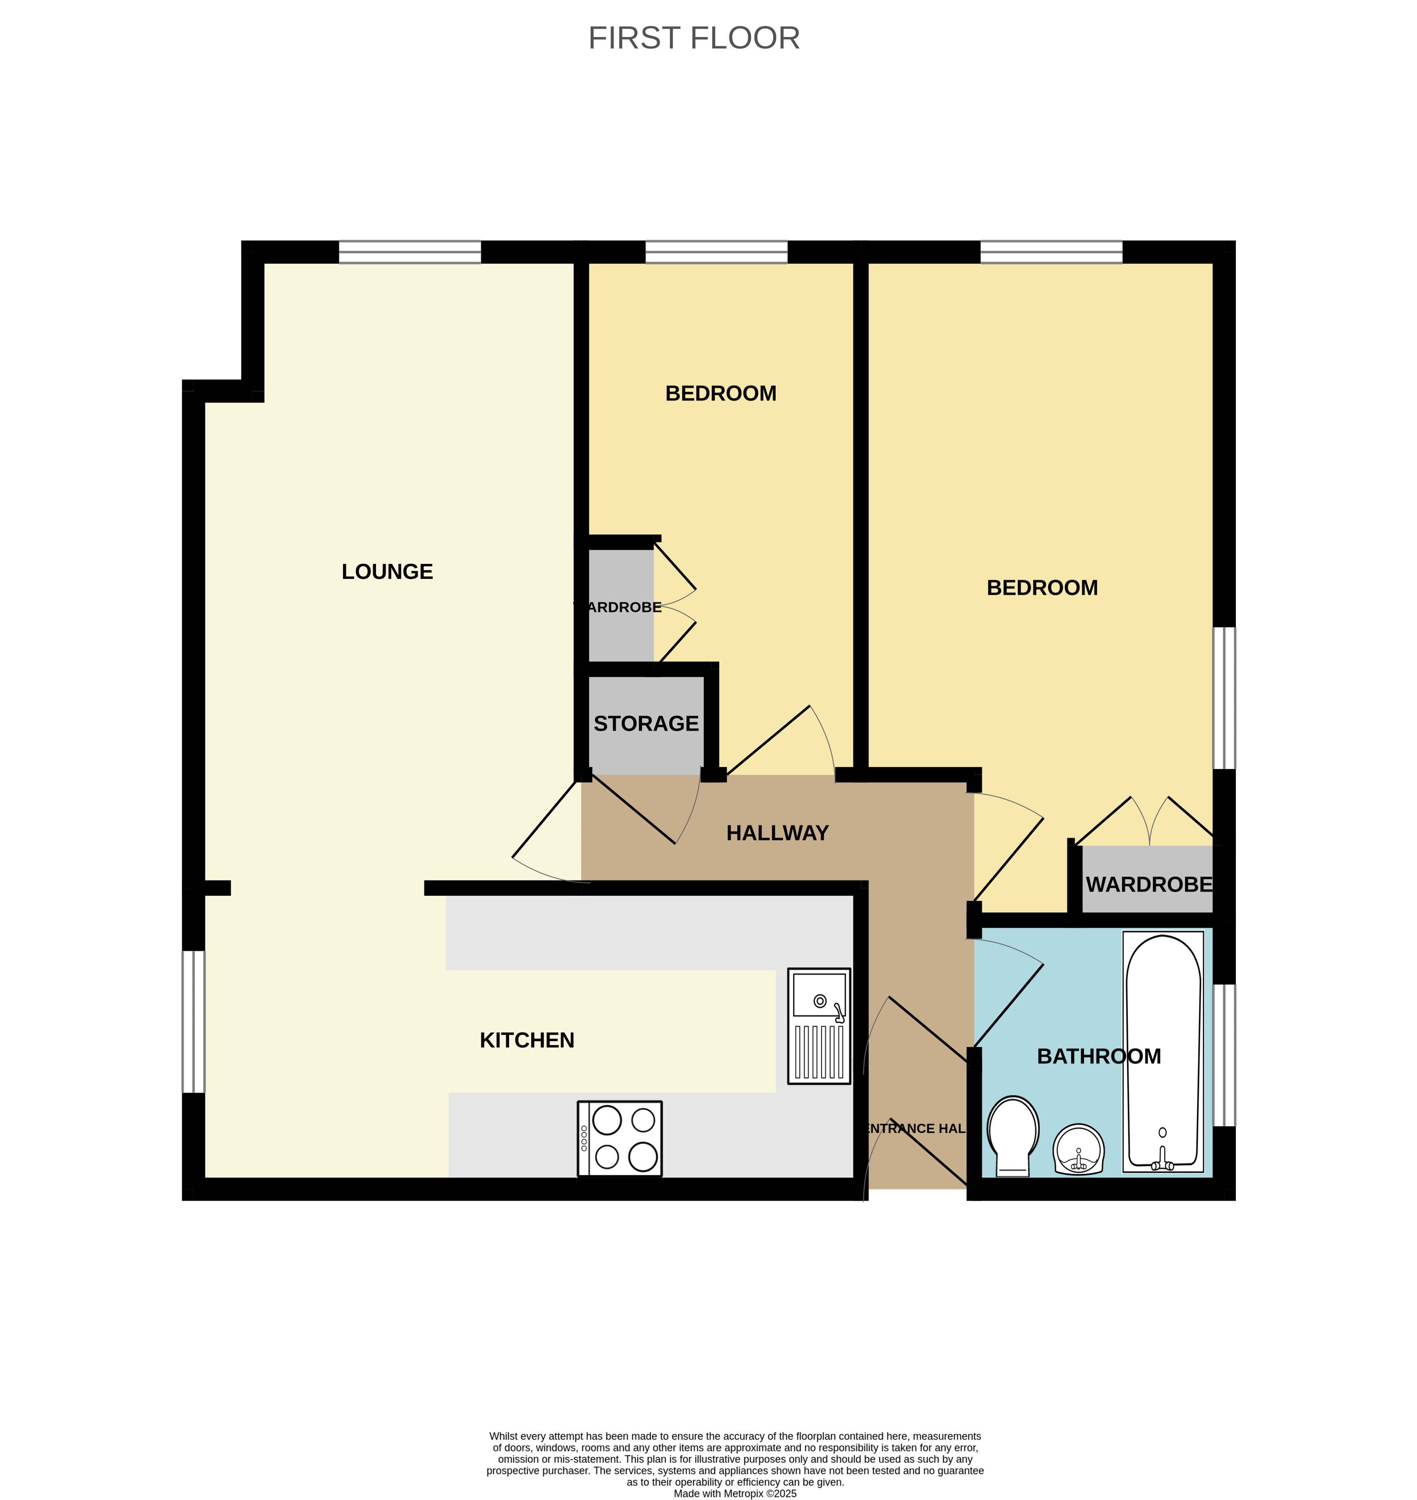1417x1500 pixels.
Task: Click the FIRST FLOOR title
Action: (693, 38)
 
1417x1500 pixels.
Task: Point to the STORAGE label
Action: (646, 724)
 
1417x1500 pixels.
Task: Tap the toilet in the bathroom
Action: (1013, 1134)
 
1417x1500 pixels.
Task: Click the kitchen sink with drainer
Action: (819, 1026)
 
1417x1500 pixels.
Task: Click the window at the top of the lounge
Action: (409, 252)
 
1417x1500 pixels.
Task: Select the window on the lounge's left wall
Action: (193, 1021)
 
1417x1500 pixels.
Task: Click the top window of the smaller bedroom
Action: (716, 252)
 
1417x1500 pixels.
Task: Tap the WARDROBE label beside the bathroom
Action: (1148, 884)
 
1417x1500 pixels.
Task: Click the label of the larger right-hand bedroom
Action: (1041, 587)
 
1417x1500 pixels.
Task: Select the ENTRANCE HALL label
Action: (914, 1129)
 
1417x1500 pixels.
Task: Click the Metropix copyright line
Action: (735, 1493)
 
